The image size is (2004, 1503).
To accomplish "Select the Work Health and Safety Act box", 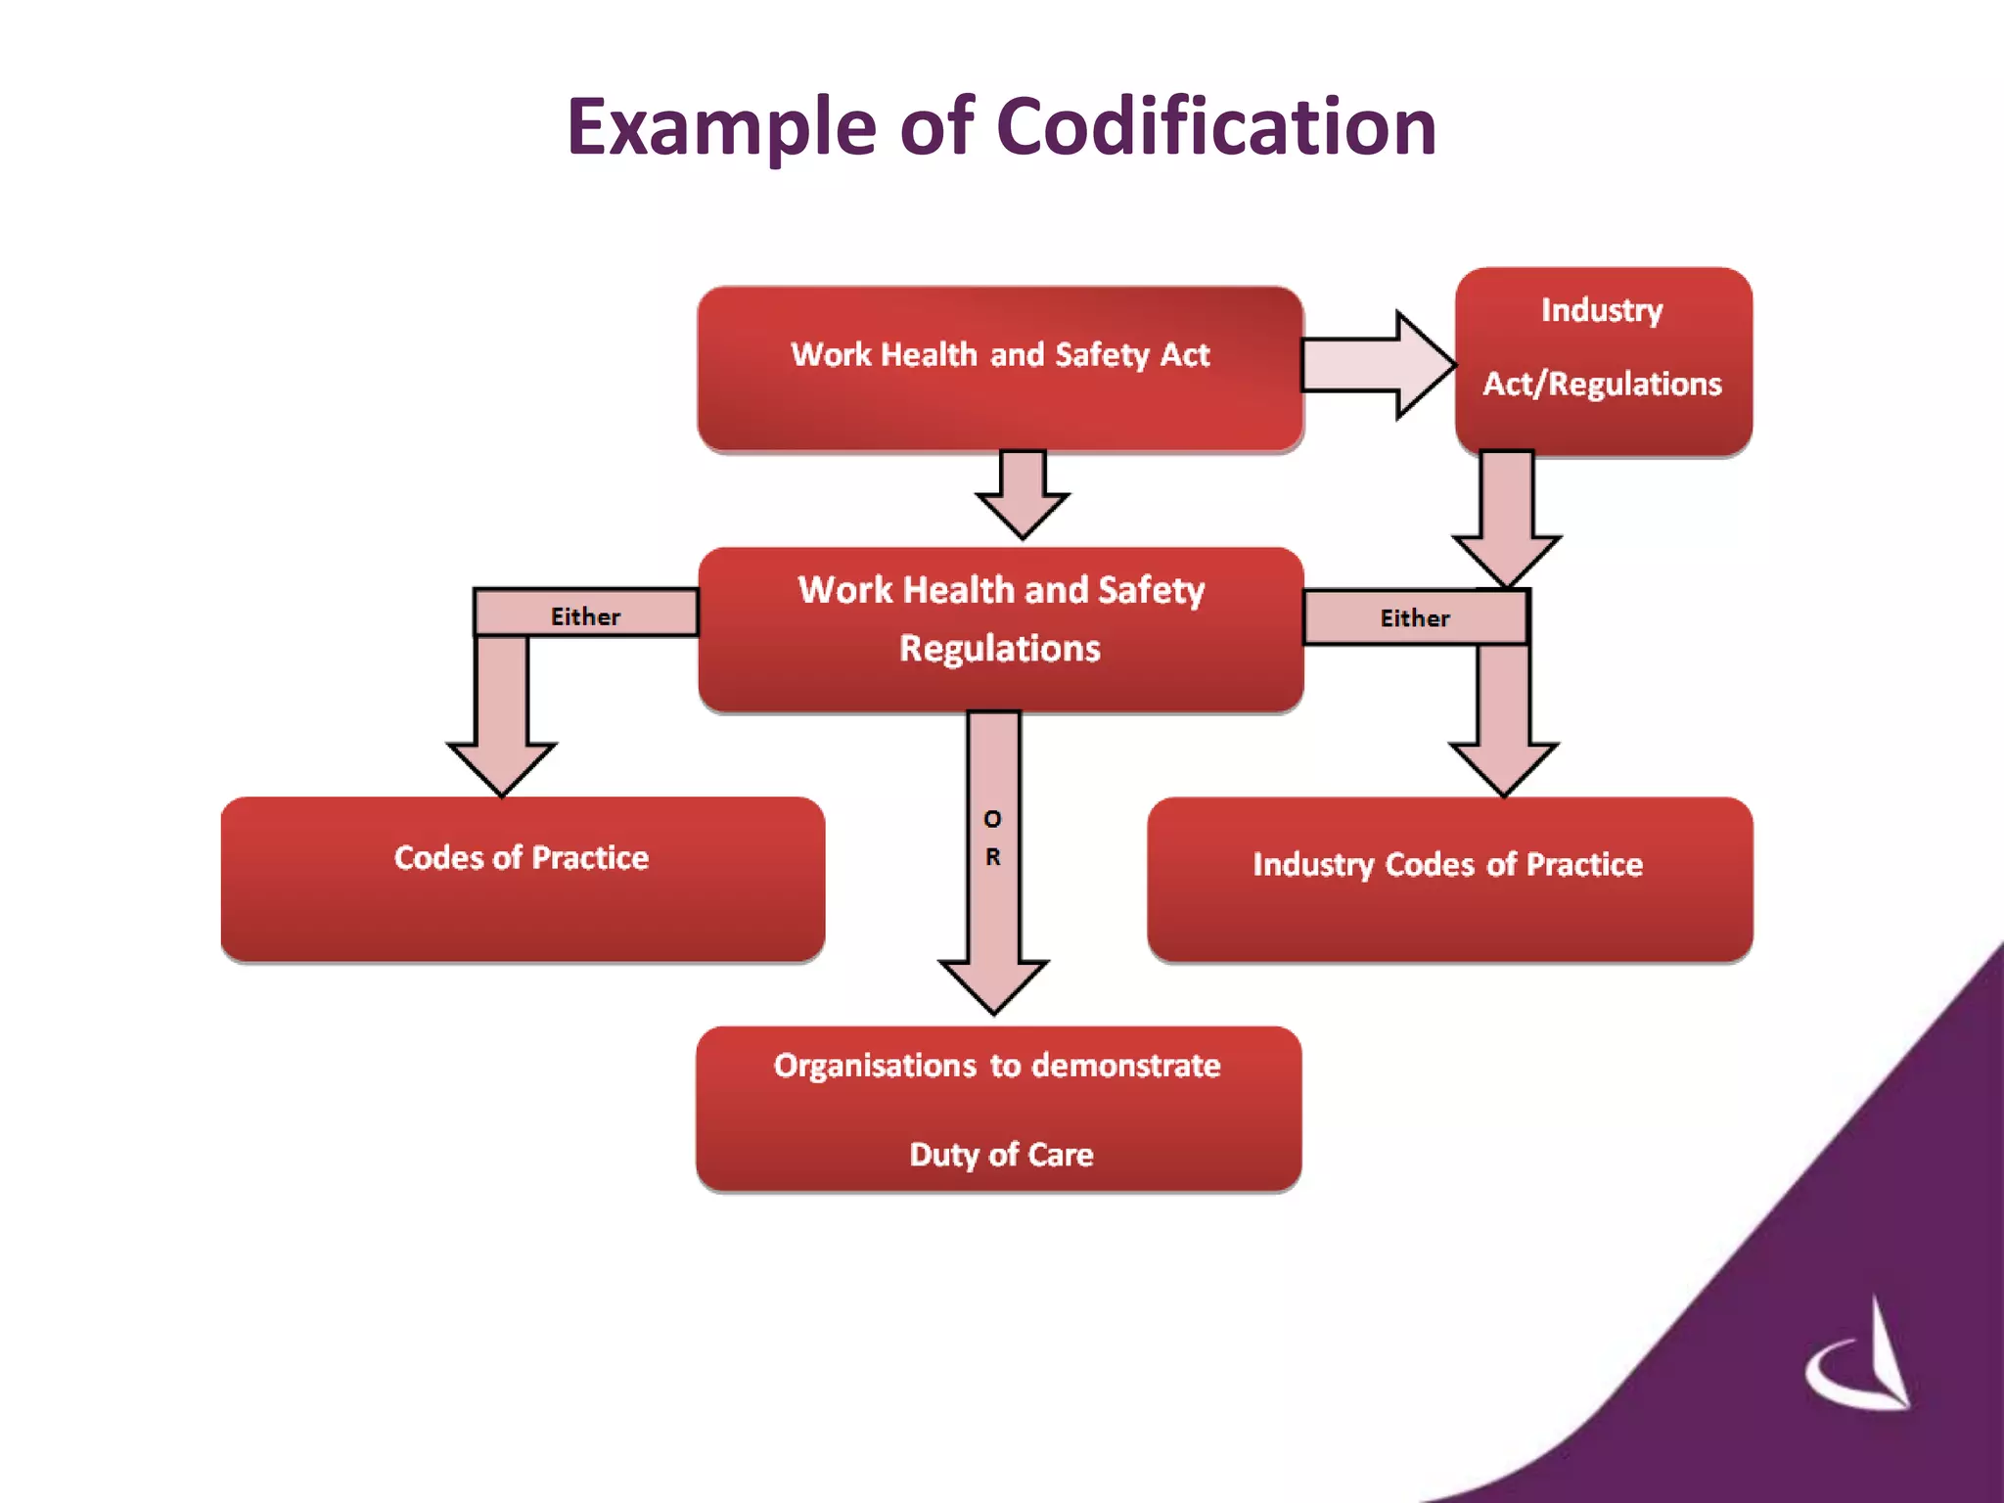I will [x=999, y=368].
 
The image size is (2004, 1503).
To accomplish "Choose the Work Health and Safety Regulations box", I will [x=1000, y=628].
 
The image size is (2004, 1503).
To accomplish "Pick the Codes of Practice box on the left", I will [x=523, y=879].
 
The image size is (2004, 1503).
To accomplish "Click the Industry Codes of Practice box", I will [x=1449, y=879].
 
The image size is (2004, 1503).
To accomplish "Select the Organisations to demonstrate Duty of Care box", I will [x=998, y=1109].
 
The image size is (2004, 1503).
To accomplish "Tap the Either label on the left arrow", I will [x=585, y=616].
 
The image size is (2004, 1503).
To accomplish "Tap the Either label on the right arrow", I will [x=1414, y=618].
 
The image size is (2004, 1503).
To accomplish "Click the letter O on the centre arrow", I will [x=992, y=819].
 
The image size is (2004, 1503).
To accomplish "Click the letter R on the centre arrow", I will [x=992, y=857].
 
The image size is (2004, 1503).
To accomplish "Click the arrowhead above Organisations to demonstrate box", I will [x=994, y=983].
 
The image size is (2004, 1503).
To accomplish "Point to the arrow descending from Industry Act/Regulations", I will [x=1506, y=519].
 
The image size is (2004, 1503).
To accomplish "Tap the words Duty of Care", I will [x=1001, y=1155].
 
